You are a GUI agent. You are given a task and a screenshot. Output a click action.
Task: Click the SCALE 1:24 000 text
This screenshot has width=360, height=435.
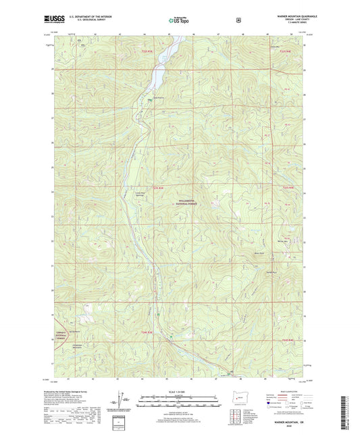point(179,391)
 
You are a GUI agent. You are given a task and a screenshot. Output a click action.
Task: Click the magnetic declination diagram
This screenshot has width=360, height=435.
point(122,403)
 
